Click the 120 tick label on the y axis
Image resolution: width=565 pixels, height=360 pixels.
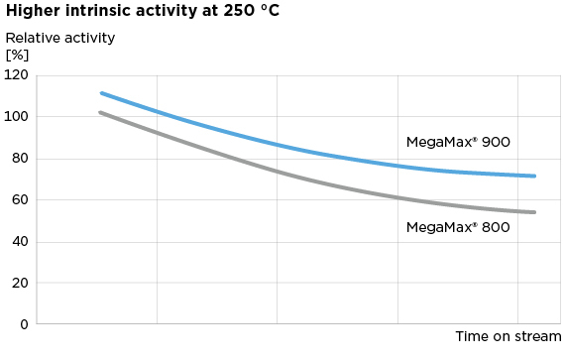pos(16,75)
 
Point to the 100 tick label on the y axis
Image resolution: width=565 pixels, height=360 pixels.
pos(16,117)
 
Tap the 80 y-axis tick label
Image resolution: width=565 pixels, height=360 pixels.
pos(19,159)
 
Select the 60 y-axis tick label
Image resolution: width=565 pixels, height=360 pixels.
pos(19,200)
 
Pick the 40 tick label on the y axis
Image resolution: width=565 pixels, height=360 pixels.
pos(19,242)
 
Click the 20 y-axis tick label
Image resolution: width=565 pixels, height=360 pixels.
pos(19,283)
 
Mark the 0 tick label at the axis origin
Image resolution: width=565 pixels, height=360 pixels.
pos(23,324)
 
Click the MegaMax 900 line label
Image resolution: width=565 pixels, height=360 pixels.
pos(458,142)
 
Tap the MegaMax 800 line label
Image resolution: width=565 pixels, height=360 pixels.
pos(458,227)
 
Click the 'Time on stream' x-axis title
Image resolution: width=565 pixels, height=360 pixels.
pos(508,338)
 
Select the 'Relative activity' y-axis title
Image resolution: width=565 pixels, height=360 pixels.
pos(60,39)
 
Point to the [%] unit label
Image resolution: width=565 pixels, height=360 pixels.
pos(18,55)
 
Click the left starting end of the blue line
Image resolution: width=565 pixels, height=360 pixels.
pos(101,93)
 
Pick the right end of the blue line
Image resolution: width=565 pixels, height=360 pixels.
pos(535,177)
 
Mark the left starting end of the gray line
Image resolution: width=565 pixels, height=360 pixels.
pos(100,112)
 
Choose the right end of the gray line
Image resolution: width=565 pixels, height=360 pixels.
pos(535,212)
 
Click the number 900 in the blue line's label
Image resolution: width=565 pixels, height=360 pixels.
pos(495,142)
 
